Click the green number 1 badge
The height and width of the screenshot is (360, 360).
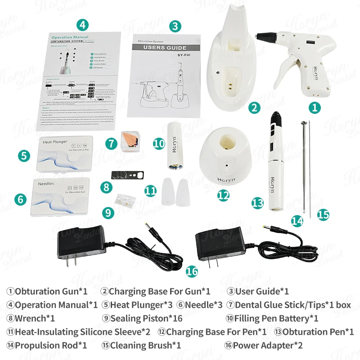pyautogui.click(x=314, y=107)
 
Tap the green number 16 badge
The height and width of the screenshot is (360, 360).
pyautogui.click(x=192, y=271)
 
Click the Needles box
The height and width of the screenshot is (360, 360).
pyautogui.click(x=61, y=196)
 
